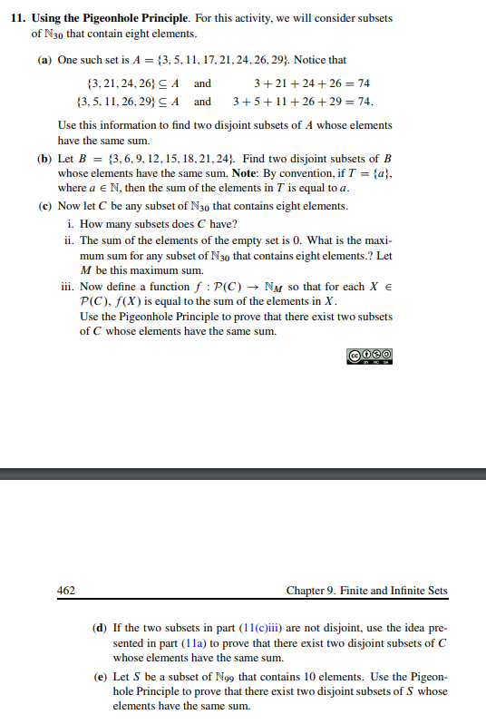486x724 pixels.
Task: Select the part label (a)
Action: pos(44,60)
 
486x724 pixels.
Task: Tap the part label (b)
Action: pos(44,156)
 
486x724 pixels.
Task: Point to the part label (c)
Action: pos(44,206)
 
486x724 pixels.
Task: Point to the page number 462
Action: pos(66,591)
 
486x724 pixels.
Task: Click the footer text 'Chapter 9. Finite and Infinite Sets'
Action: pos(366,591)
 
